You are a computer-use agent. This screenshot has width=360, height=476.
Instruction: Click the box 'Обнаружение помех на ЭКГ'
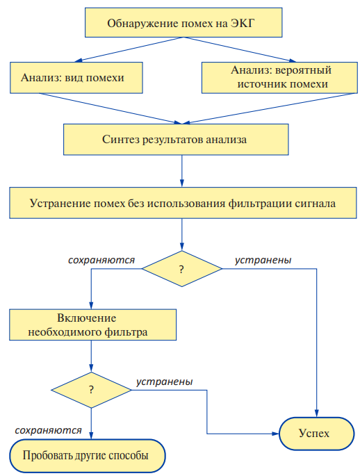(183, 23)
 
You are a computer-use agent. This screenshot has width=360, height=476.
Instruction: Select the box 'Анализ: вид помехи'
(76, 78)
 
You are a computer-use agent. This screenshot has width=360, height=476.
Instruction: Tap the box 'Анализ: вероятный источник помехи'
(279, 78)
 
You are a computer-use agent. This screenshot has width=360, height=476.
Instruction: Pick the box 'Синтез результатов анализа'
(176, 140)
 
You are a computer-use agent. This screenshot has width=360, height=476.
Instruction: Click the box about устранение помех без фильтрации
(183, 203)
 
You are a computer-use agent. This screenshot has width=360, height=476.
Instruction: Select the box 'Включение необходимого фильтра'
(92, 325)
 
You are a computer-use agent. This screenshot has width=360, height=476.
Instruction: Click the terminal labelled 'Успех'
(317, 434)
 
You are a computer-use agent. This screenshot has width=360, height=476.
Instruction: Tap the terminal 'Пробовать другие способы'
(88, 456)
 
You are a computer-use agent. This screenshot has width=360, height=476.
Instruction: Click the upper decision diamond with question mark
(182, 269)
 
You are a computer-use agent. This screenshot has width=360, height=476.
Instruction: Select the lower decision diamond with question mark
(91, 390)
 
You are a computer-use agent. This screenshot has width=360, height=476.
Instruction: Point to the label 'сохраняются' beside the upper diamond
(101, 261)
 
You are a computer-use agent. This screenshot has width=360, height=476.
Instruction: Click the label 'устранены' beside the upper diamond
(263, 260)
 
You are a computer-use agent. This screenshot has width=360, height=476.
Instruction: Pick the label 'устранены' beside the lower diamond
(164, 381)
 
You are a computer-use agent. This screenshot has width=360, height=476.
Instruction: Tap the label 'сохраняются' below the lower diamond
(48, 430)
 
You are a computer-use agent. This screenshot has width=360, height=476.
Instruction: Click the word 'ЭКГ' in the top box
(242, 24)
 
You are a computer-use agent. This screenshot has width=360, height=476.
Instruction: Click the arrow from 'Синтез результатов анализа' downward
(182, 171)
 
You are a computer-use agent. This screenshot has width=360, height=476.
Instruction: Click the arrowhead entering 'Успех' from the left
(276, 434)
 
